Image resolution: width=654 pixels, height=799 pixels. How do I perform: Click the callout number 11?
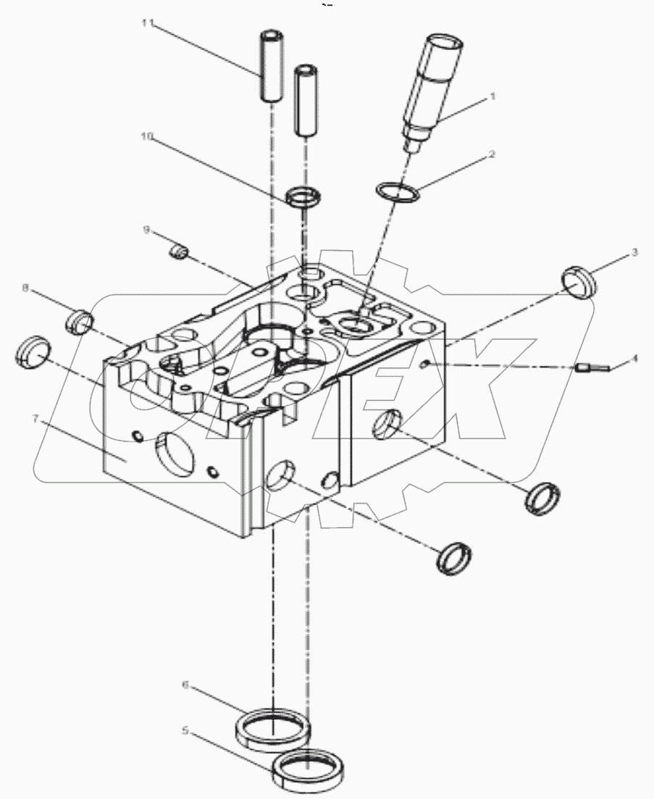coord(148,24)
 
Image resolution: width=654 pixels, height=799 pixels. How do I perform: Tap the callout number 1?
coord(493,95)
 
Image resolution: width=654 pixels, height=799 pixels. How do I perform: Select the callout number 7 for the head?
coord(34,418)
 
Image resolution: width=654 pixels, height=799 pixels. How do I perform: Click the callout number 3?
coord(634,252)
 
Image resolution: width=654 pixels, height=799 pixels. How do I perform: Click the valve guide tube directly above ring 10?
coord(307,100)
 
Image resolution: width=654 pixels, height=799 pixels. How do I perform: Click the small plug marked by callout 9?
coord(178,252)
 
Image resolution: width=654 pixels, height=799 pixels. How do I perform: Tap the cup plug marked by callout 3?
coord(579,282)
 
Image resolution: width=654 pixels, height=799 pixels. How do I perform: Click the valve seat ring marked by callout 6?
coord(273,726)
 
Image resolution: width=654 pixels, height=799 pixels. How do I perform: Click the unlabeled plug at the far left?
coord(33,352)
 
